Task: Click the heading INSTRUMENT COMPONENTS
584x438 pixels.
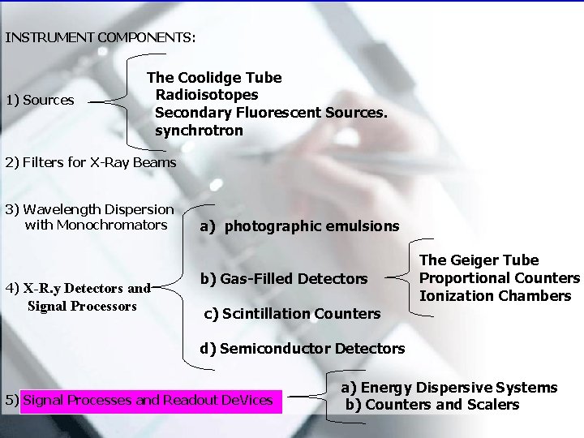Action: [100, 37]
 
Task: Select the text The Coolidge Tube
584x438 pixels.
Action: [214, 78]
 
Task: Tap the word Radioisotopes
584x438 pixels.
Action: [207, 95]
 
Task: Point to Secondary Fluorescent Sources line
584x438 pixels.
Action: [271, 113]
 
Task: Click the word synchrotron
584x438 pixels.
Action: [199, 130]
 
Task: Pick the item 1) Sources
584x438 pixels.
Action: [40, 101]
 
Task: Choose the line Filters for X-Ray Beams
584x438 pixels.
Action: [90, 162]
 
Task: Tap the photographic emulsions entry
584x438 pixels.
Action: [299, 226]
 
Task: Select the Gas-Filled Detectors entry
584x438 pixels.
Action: [284, 279]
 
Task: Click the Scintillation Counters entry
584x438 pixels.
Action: [292, 313]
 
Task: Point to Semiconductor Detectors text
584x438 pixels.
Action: [303, 349]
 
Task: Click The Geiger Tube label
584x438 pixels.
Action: [479, 260]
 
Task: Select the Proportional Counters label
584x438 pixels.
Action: [500, 278]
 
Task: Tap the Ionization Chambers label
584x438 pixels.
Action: [495, 296]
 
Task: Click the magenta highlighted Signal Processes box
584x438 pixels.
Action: [148, 400]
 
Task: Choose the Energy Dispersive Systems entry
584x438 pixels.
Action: [449, 388]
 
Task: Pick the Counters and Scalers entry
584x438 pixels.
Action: [432, 405]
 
